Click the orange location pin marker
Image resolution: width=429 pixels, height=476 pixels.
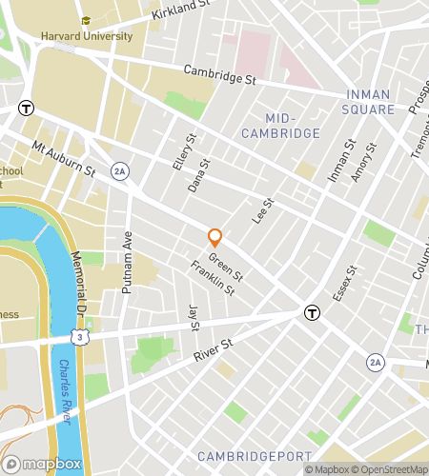tap(215, 236)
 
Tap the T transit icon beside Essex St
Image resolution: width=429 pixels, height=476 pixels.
tap(311, 312)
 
